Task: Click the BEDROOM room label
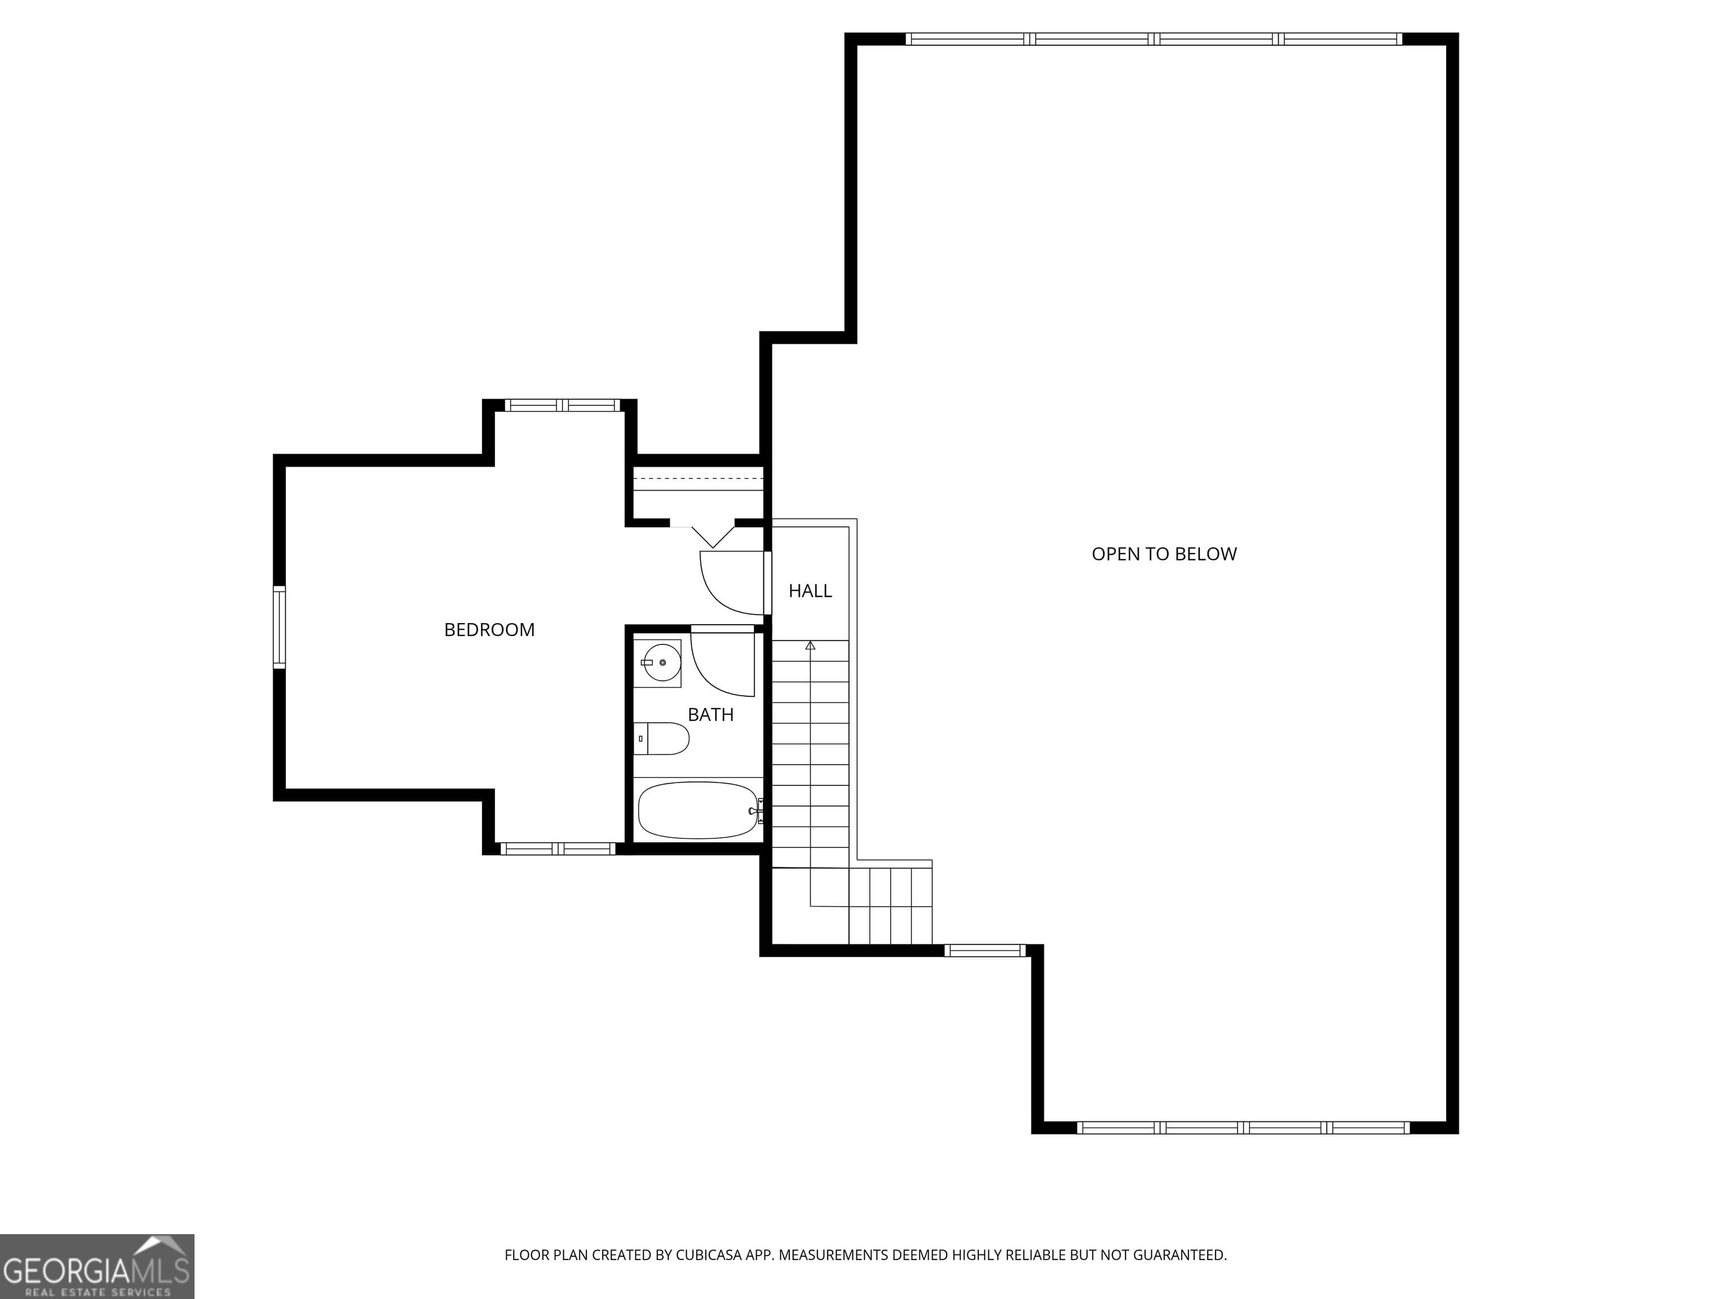pyautogui.click(x=489, y=630)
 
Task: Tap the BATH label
pyautogui.click(x=711, y=714)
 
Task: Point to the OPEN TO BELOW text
pyautogui.click(x=1164, y=554)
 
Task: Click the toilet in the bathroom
pyautogui.click(x=662, y=739)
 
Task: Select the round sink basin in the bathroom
pyautogui.click(x=662, y=662)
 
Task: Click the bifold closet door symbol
pyautogui.click(x=713, y=536)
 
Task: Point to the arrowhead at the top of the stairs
pyautogui.click(x=810, y=645)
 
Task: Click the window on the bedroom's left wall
pyautogui.click(x=279, y=627)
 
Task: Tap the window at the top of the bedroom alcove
pyautogui.click(x=562, y=405)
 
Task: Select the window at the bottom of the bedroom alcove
pyautogui.click(x=558, y=848)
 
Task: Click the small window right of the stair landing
pyautogui.click(x=985, y=951)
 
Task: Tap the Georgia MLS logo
pyautogui.click(x=97, y=1266)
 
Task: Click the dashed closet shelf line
pyautogui.click(x=697, y=477)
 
